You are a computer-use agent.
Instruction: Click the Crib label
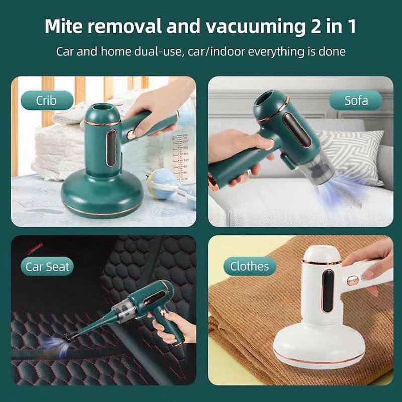(46, 100)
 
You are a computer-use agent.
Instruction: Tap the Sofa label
(356, 100)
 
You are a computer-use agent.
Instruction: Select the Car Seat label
(48, 266)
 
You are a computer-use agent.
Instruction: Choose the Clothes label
(249, 266)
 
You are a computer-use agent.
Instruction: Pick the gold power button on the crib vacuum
(132, 135)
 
